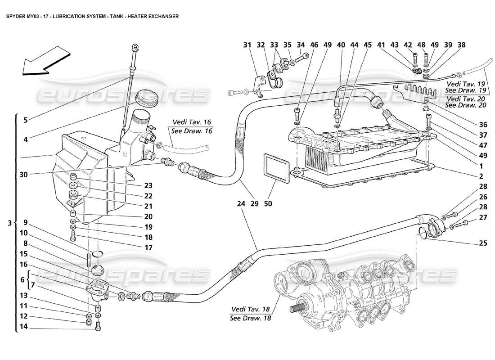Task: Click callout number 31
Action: (x=247, y=45)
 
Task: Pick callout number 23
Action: (x=148, y=185)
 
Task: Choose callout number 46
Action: (x=314, y=45)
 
